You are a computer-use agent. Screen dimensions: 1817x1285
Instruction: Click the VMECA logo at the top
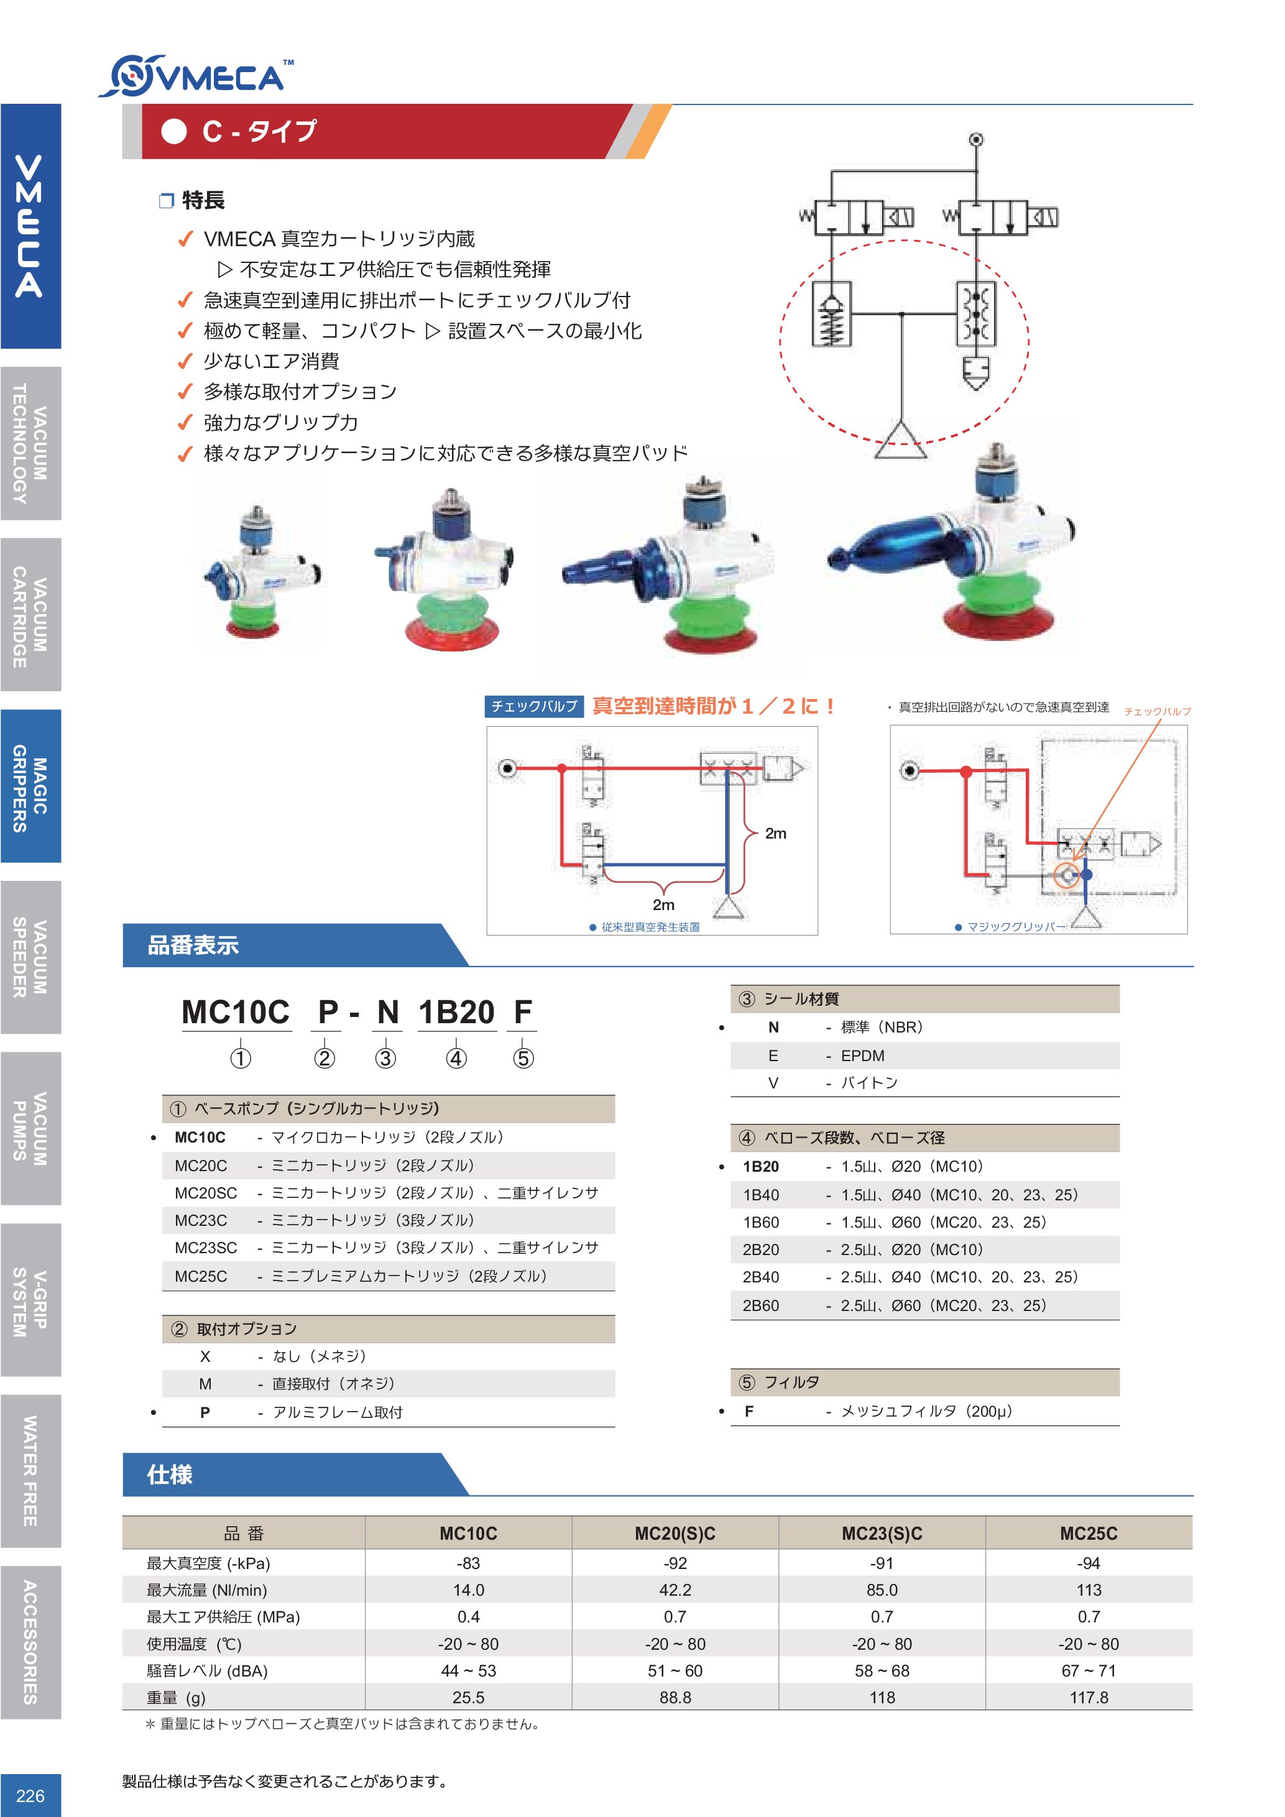click(196, 76)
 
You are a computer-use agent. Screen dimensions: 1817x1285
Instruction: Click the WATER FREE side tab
click(30, 1470)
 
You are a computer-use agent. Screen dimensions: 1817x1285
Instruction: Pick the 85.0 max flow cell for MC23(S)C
click(882, 1590)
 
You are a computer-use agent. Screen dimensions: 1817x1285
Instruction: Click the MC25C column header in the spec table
click(1089, 1534)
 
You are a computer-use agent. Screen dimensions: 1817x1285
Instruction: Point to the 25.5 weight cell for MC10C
click(468, 1698)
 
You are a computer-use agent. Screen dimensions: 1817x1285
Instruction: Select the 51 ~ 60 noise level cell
click(675, 1670)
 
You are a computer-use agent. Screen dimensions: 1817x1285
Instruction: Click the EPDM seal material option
click(862, 1056)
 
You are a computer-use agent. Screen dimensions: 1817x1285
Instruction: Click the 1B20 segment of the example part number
click(456, 1012)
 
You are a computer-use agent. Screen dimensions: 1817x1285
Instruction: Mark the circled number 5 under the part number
click(523, 1058)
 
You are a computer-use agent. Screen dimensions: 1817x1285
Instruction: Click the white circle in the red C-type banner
click(174, 131)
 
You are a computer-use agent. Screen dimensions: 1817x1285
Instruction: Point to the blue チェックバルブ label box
click(534, 706)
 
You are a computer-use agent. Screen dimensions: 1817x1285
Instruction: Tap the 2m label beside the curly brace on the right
click(775, 834)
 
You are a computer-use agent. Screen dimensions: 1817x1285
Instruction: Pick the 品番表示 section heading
click(193, 945)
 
